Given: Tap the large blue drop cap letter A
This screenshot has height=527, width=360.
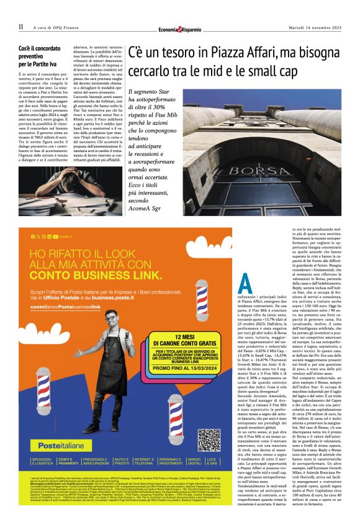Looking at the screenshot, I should (245, 285).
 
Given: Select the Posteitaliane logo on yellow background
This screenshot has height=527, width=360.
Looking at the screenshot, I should (54, 446).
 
